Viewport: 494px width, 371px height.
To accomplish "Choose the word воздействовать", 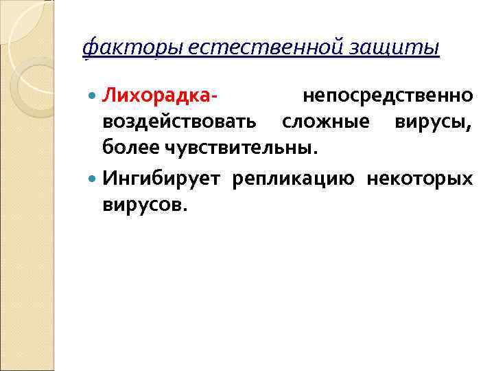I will (x=180, y=122).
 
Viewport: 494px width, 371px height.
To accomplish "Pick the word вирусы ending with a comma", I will (x=432, y=122).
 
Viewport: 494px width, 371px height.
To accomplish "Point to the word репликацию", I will (x=293, y=179).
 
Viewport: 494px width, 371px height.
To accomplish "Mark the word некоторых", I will (x=419, y=179).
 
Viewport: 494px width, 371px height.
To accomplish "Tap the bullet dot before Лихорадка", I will (x=94, y=96).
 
